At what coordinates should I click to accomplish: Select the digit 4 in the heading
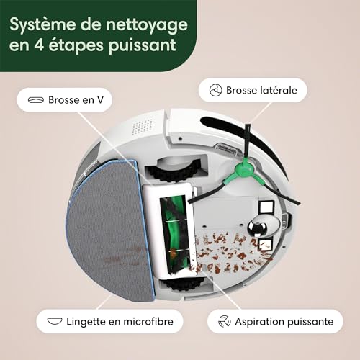pyautogui.click(x=39, y=45)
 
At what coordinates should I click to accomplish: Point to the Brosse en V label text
pyautogui.click(x=76, y=100)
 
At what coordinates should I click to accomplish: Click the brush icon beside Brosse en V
pyautogui.click(x=36, y=100)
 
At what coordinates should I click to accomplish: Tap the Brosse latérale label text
pyautogui.click(x=261, y=90)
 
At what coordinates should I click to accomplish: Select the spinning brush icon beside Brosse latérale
pyautogui.click(x=215, y=90)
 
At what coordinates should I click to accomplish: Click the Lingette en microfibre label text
pyautogui.click(x=120, y=322)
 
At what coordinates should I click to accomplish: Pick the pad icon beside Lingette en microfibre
pyautogui.click(x=55, y=321)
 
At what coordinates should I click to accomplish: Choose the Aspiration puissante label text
pyautogui.click(x=284, y=322)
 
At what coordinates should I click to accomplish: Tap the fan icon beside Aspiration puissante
pyautogui.click(x=225, y=321)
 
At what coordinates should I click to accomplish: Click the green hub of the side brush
pyautogui.click(x=244, y=168)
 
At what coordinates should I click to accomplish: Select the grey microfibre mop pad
pyautogui.click(x=108, y=230)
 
